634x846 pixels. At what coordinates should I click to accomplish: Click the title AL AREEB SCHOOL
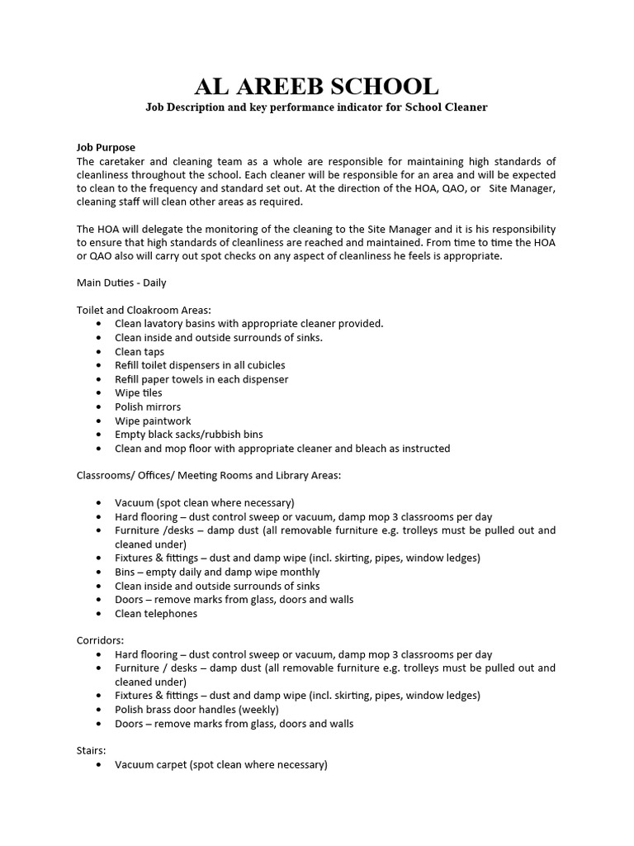click(316, 86)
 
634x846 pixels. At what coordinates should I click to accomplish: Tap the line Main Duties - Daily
click(121, 283)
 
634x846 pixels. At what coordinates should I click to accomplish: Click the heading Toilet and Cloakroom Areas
click(144, 310)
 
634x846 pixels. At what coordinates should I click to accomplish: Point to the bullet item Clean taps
click(140, 352)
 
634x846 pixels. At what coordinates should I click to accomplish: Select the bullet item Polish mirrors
click(148, 407)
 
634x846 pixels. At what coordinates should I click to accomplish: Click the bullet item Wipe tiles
click(139, 393)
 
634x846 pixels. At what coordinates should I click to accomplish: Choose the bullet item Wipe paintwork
click(153, 421)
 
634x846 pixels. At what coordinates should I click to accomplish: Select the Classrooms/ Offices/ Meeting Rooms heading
click(209, 475)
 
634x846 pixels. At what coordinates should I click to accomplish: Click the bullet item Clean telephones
click(156, 614)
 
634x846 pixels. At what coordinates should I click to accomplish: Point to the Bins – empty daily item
click(217, 572)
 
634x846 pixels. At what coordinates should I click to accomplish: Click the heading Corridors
click(100, 640)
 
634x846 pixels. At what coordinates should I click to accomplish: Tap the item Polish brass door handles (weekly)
click(196, 710)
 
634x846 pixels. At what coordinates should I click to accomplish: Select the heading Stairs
click(91, 751)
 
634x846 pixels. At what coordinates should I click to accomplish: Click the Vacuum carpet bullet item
click(220, 765)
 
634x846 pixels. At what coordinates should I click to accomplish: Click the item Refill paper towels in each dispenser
click(201, 379)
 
